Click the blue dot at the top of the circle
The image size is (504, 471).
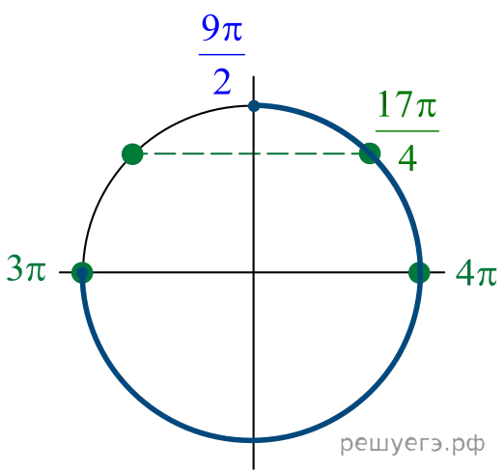254,106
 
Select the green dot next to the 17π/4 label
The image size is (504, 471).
370,153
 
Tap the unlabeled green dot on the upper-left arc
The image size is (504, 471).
132,154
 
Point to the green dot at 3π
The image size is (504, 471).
82,272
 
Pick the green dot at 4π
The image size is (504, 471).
419,272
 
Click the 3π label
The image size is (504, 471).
26,268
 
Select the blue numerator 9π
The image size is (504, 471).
222,28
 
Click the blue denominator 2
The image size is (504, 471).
222,82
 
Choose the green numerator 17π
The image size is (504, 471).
407,104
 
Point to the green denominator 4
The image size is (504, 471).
407,158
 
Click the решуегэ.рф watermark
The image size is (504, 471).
412,444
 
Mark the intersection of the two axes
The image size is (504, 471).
254,272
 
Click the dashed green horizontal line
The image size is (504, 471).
251,153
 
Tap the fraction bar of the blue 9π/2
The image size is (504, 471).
222,55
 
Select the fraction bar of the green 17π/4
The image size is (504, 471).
407,131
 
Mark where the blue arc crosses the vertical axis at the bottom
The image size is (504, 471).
254,440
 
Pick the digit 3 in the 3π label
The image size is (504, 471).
14,268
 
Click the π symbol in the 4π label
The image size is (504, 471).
488,276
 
